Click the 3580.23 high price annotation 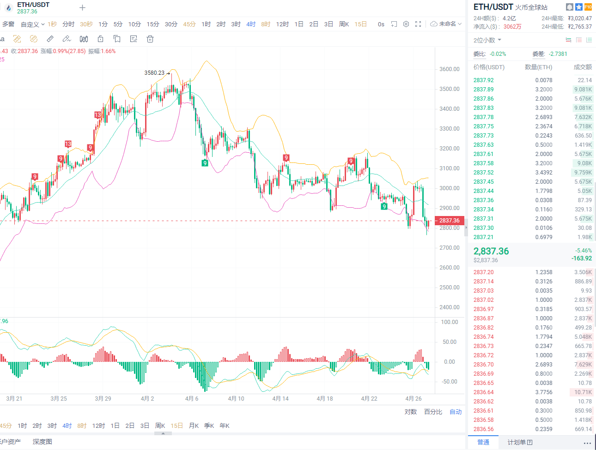pyautogui.click(x=154, y=73)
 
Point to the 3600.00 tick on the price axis pyautogui.click(x=450, y=69)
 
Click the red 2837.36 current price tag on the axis pyautogui.click(x=449, y=221)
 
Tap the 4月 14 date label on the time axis pyautogui.click(x=280, y=399)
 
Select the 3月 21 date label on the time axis pyautogui.click(x=14, y=399)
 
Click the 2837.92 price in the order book pyautogui.click(x=483, y=80)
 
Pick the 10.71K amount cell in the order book pyautogui.click(x=583, y=392)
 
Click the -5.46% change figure pyautogui.click(x=583, y=251)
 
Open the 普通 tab pyautogui.click(x=483, y=442)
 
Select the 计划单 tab pyautogui.click(x=520, y=442)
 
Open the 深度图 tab pyautogui.click(x=42, y=442)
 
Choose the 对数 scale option pyautogui.click(x=411, y=412)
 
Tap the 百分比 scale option pyautogui.click(x=433, y=412)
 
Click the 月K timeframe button pyautogui.click(x=194, y=426)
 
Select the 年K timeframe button pyautogui.click(x=225, y=426)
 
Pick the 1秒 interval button pyautogui.click(x=52, y=24)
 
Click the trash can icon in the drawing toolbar pyautogui.click(x=150, y=39)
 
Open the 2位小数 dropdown pyautogui.click(x=487, y=40)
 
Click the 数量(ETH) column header pyautogui.click(x=538, y=67)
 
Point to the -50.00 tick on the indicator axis pyautogui.click(x=449, y=382)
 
